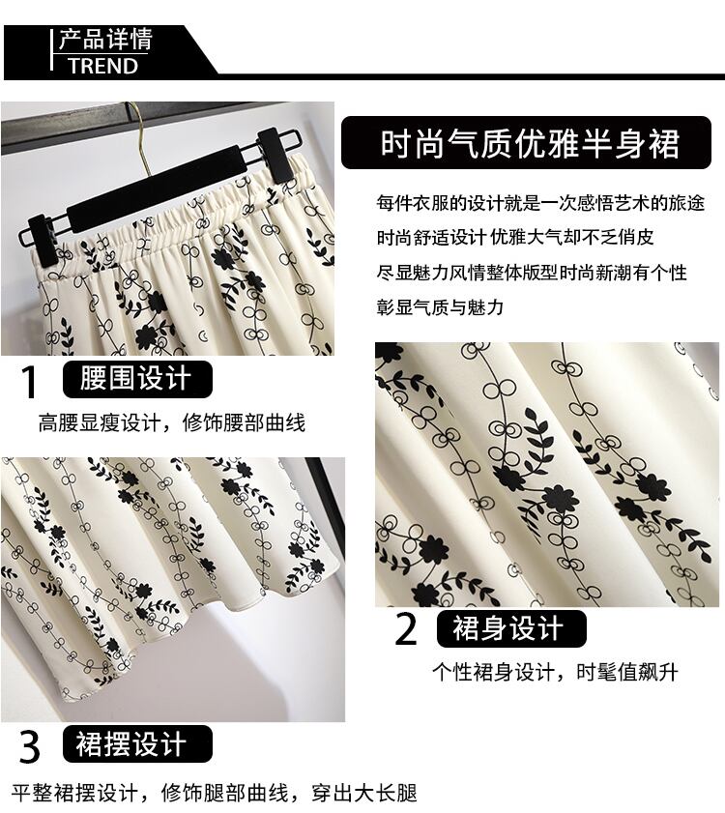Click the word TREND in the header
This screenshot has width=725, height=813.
click(x=102, y=66)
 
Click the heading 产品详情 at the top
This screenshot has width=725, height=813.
click(x=105, y=40)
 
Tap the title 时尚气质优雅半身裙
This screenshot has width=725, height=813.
click(x=530, y=143)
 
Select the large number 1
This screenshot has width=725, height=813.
click(x=29, y=382)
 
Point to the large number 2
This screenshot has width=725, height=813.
click(x=406, y=628)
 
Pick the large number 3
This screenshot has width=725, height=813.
click(x=30, y=746)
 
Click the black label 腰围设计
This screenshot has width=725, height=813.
click(x=137, y=379)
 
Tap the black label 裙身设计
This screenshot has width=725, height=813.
click(x=511, y=628)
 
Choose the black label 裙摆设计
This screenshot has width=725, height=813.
click(x=137, y=744)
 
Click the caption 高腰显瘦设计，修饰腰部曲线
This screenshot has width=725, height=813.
click(x=172, y=422)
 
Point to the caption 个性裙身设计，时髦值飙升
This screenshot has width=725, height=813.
click(x=555, y=672)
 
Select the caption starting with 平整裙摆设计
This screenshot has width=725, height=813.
click(x=214, y=793)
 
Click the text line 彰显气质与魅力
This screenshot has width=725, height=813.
click(x=440, y=307)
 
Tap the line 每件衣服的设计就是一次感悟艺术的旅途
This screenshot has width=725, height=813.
click(x=540, y=203)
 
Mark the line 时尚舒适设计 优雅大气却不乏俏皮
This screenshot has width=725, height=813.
click(x=515, y=238)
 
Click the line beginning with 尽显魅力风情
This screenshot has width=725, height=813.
click(x=532, y=273)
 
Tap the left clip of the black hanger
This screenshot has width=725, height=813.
click(x=41, y=234)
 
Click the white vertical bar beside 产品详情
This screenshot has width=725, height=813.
click(x=52, y=49)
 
